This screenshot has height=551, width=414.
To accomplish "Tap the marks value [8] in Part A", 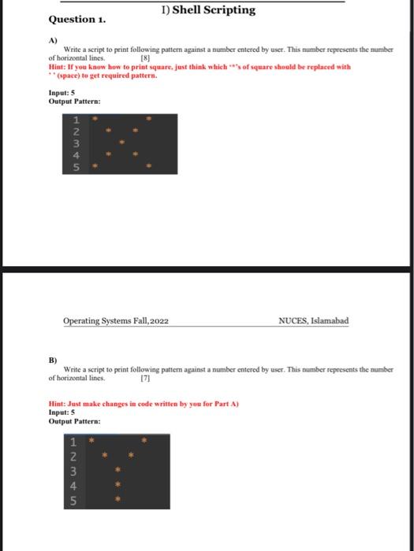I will point(144,58).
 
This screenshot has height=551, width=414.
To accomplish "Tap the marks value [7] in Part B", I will point(144,379).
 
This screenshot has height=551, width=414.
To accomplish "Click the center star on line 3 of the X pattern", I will point(121,143).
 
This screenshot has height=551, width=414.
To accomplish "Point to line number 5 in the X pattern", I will point(76,168).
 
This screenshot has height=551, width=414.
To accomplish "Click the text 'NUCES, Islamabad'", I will point(313,321).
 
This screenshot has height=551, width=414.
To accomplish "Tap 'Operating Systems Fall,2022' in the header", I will point(116,321).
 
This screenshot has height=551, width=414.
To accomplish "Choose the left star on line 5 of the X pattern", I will point(94,167).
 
